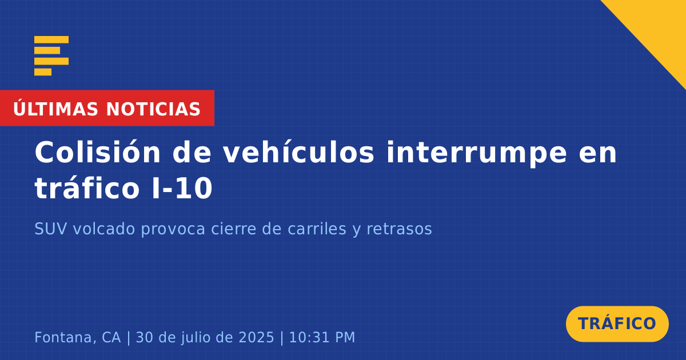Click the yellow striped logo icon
[x=51, y=56]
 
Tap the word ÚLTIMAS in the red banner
[x=55, y=109]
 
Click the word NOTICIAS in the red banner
[x=153, y=109]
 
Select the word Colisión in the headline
[x=97, y=152]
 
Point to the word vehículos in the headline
[x=298, y=152]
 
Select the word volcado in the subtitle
[x=104, y=229]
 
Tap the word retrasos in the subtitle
[x=399, y=229]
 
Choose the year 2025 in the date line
[x=256, y=337]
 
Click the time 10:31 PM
[x=322, y=337]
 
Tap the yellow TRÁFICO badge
[x=617, y=323]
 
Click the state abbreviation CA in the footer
[x=111, y=337]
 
